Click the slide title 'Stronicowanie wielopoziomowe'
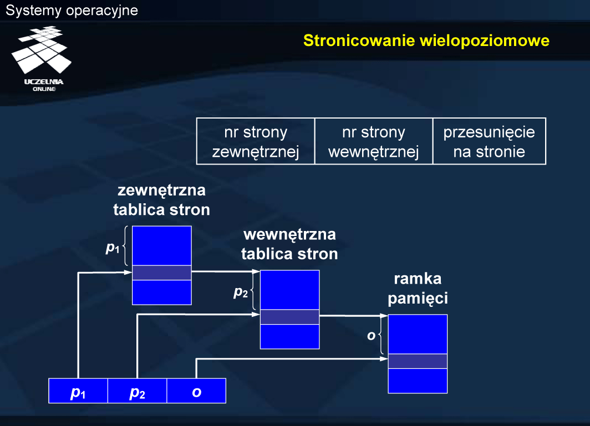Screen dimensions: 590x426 [426, 40]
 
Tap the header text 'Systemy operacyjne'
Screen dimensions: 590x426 [72, 11]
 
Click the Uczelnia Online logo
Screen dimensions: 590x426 [42, 59]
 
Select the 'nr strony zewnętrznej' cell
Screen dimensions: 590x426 [256, 141]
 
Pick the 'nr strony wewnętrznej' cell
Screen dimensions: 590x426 [374, 141]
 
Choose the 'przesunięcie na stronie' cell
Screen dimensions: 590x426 [489, 141]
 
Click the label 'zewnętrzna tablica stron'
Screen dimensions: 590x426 [161, 199]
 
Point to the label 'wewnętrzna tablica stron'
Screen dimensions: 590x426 [289, 244]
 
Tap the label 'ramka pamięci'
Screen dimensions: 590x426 [418, 289]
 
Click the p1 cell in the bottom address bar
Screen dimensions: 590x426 [78, 391]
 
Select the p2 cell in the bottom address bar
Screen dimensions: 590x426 [138, 391]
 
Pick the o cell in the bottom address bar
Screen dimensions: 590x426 [196, 391]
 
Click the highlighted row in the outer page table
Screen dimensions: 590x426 [162, 273]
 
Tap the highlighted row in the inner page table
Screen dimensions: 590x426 [289, 317]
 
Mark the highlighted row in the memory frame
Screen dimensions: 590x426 [418, 361]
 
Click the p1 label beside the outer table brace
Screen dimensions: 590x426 [113, 248]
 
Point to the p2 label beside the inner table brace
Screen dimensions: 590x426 [241, 292]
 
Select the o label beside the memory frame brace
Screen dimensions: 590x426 [372, 336]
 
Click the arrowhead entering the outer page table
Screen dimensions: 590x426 [128, 272]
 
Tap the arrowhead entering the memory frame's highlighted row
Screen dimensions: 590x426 [384, 359]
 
